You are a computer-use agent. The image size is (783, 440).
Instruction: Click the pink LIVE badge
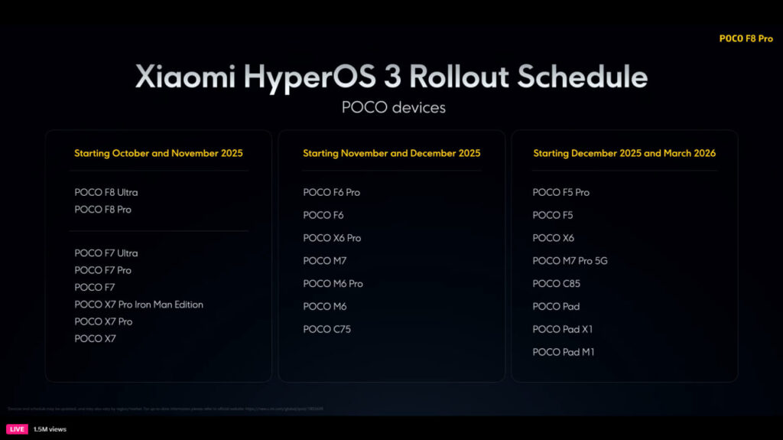click(x=18, y=429)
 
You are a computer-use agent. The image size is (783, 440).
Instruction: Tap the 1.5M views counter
click(x=50, y=429)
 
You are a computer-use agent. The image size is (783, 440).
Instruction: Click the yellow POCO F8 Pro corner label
click(x=746, y=38)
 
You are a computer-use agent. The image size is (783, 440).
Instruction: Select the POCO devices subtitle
click(x=393, y=107)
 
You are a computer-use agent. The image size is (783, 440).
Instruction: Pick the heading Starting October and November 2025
click(x=158, y=153)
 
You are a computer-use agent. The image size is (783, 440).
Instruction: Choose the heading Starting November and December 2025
click(x=391, y=153)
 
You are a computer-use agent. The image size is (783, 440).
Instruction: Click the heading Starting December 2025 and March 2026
click(x=624, y=153)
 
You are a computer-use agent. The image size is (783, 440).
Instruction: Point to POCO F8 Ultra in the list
click(x=106, y=192)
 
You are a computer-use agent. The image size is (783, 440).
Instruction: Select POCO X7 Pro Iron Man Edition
click(x=138, y=305)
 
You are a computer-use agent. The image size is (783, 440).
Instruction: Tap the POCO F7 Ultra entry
click(x=106, y=253)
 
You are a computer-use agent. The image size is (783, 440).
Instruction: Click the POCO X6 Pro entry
click(x=332, y=238)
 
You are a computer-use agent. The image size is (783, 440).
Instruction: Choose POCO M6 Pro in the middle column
click(x=333, y=283)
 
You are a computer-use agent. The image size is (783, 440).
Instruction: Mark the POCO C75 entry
click(x=327, y=329)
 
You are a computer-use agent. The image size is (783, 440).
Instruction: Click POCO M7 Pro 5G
click(x=570, y=261)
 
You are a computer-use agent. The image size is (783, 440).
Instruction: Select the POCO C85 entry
click(x=556, y=283)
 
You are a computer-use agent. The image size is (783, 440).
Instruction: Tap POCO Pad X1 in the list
click(x=562, y=329)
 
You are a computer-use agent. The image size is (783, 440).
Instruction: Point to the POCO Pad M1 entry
click(x=563, y=352)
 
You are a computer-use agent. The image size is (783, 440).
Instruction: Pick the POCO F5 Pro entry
click(x=560, y=192)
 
